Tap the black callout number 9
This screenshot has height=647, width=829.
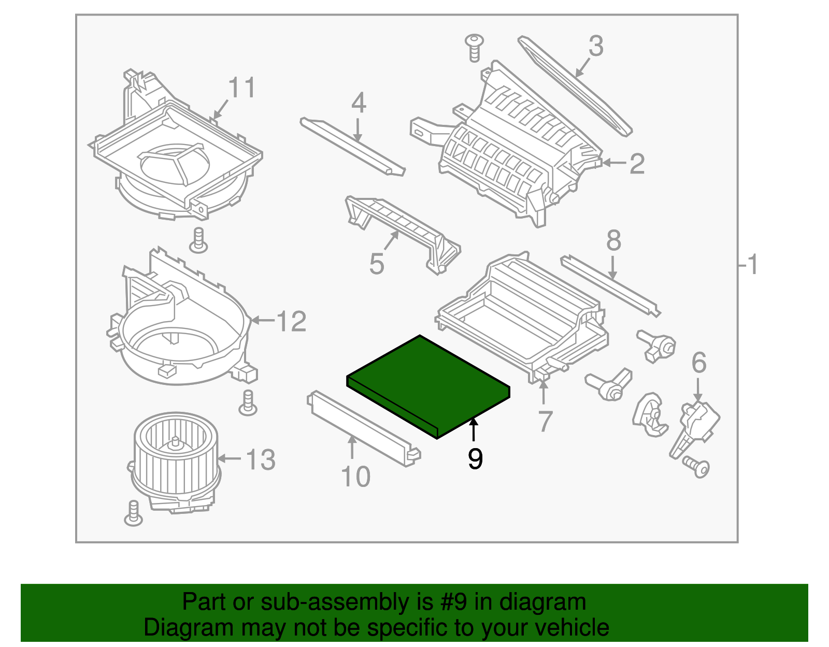(475, 459)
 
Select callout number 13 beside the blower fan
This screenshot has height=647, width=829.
(260, 460)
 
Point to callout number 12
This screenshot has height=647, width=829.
(292, 322)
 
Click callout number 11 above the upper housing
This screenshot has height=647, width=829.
(242, 88)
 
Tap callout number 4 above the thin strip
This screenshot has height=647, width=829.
(359, 103)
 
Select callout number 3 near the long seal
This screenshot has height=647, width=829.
(596, 47)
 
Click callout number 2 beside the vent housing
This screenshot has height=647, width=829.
(637, 164)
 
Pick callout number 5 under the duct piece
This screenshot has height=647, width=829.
(377, 264)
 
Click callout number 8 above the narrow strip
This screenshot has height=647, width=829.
(613, 241)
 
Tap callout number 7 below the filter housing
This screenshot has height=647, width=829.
(545, 421)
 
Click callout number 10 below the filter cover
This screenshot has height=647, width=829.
(356, 477)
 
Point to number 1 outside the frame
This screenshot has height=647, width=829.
(752, 265)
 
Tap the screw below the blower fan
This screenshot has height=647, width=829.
(134, 513)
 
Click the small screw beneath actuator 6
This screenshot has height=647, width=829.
(697, 467)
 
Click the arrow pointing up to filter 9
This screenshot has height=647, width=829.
(473, 429)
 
